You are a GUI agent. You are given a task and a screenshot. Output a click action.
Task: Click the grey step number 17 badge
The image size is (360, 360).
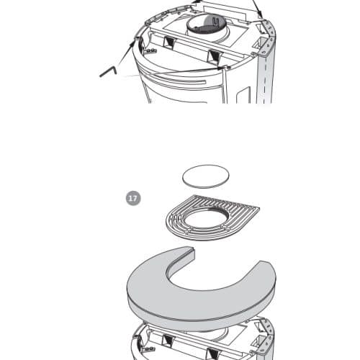click(x=133, y=198)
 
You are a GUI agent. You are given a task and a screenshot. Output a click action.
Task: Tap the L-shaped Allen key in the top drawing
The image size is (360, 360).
click(x=108, y=72)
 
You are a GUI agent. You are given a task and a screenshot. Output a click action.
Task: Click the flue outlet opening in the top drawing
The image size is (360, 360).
click(x=207, y=24)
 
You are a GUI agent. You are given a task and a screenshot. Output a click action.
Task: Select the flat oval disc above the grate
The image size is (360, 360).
click(x=206, y=176)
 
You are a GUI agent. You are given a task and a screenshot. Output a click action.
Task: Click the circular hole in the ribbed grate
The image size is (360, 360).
click(x=205, y=218)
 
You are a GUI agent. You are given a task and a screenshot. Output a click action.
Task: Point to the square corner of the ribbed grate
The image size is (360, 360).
click(x=259, y=207)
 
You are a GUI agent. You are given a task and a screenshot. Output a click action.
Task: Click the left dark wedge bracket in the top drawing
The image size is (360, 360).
click(x=168, y=42)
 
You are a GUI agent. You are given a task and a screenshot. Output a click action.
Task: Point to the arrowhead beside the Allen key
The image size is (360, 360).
click(x=132, y=43)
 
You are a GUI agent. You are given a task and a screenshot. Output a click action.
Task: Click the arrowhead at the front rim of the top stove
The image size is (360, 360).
click(x=220, y=68)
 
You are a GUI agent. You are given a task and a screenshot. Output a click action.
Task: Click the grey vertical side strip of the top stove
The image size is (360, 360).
click(x=265, y=79)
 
